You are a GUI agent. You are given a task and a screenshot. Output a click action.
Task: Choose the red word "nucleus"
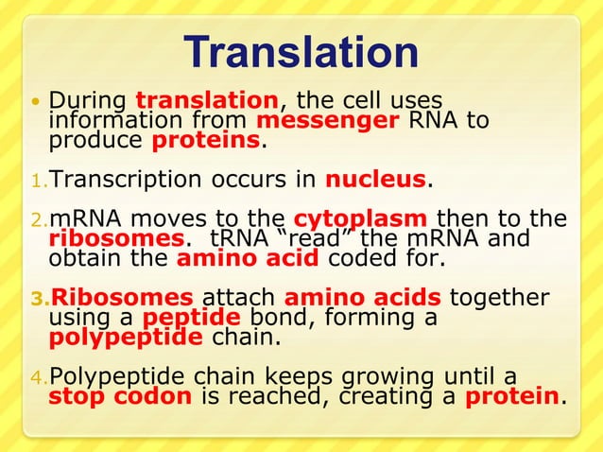click(x=377, y=180)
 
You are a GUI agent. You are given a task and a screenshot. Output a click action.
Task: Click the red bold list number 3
click(x=39, y=300)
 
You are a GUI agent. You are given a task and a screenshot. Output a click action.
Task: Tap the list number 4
click(x=39, y=379)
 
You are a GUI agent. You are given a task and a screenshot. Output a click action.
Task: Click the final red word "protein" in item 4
click(x=511, y=398)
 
